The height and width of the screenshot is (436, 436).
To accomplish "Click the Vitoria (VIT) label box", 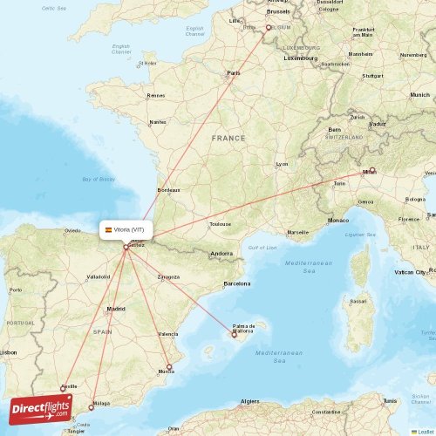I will (126, 229).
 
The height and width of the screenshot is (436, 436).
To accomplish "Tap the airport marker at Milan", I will (371, 171).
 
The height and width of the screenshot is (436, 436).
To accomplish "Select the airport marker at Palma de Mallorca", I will (234, 332).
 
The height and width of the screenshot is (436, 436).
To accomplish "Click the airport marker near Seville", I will (62, 389).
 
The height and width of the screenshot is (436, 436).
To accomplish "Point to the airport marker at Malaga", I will (92, 406).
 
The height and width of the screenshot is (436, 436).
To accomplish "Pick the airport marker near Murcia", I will (169, 367).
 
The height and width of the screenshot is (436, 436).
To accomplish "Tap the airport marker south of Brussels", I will (269, 28).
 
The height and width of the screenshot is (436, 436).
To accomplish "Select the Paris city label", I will (233, 72).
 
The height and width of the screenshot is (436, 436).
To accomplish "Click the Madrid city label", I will (116, 309).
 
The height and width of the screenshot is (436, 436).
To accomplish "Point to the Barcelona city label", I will (236, 283).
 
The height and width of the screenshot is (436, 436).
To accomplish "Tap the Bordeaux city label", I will (168, 189).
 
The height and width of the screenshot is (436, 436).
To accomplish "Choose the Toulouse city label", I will (220, 224).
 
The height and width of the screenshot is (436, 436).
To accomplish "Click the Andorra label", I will (221, 254).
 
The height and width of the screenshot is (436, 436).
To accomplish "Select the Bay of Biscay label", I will (97, 179).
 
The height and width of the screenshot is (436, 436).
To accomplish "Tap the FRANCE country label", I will (228, 138).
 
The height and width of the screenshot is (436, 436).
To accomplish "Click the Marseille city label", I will (297, 232).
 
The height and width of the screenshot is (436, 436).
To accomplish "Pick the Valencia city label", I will (168, 334).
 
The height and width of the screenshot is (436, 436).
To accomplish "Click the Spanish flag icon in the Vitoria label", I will (108, 229).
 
